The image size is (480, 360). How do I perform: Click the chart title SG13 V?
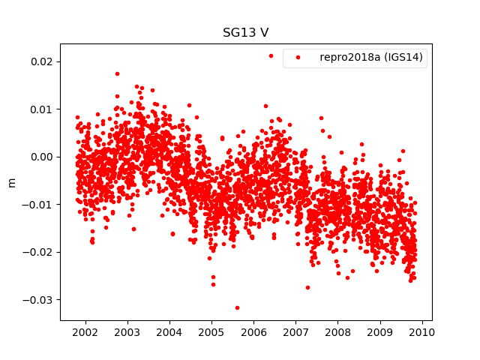tap(246, 33)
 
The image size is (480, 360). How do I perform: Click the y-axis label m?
tap(11, 182)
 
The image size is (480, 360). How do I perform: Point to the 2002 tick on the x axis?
tap(85, 332)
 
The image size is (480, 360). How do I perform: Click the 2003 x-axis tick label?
tap(127, 332)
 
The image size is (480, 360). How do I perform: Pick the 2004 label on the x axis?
tap(169, 332)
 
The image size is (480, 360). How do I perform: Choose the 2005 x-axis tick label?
tap(211, 332)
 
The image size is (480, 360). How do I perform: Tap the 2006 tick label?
tap(253, 332)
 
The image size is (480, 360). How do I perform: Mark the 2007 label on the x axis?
tap(296, 332)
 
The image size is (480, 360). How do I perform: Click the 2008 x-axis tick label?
tap(338, 332)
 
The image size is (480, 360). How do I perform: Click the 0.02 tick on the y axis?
tap(41, 61)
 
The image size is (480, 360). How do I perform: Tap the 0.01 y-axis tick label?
tap(41, 109)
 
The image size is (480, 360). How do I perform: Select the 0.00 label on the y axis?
tap(41, 157)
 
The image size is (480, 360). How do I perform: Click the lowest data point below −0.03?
tap(237, 307)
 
